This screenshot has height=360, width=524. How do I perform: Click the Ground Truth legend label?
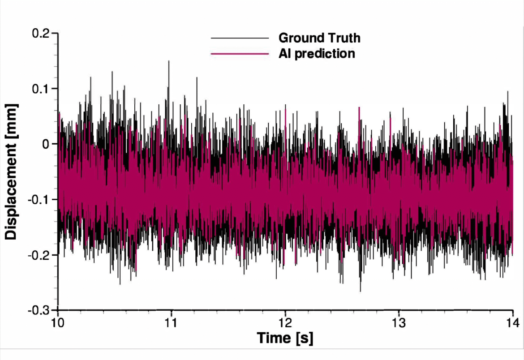[319, 38]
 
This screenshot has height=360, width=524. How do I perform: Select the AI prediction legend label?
[317, 54]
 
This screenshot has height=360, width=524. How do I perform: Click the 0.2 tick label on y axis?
[42, 33]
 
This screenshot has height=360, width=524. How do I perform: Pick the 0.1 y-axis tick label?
[42, 89]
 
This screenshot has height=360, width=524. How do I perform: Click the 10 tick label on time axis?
[57, 322]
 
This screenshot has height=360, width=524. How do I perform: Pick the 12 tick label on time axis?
[285, 322]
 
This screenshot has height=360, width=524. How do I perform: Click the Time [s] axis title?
[285, 338]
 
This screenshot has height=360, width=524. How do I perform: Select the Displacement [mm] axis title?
[12, 171]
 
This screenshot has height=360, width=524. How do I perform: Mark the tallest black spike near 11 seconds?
[169, 62]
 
